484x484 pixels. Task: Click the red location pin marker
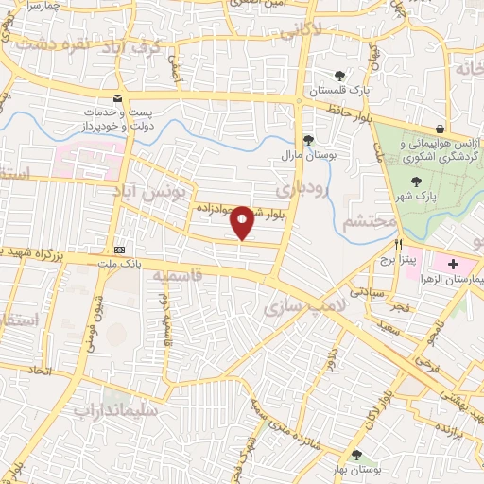[x=243, y=222]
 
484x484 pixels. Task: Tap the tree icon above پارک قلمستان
[x=339, y=76]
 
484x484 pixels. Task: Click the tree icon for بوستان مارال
[x=308, y=140]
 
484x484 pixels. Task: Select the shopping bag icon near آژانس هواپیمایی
[x=441, y=130]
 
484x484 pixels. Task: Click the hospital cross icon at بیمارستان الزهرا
[x=452, y=263]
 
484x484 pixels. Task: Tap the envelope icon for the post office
[x=117, y=98]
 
